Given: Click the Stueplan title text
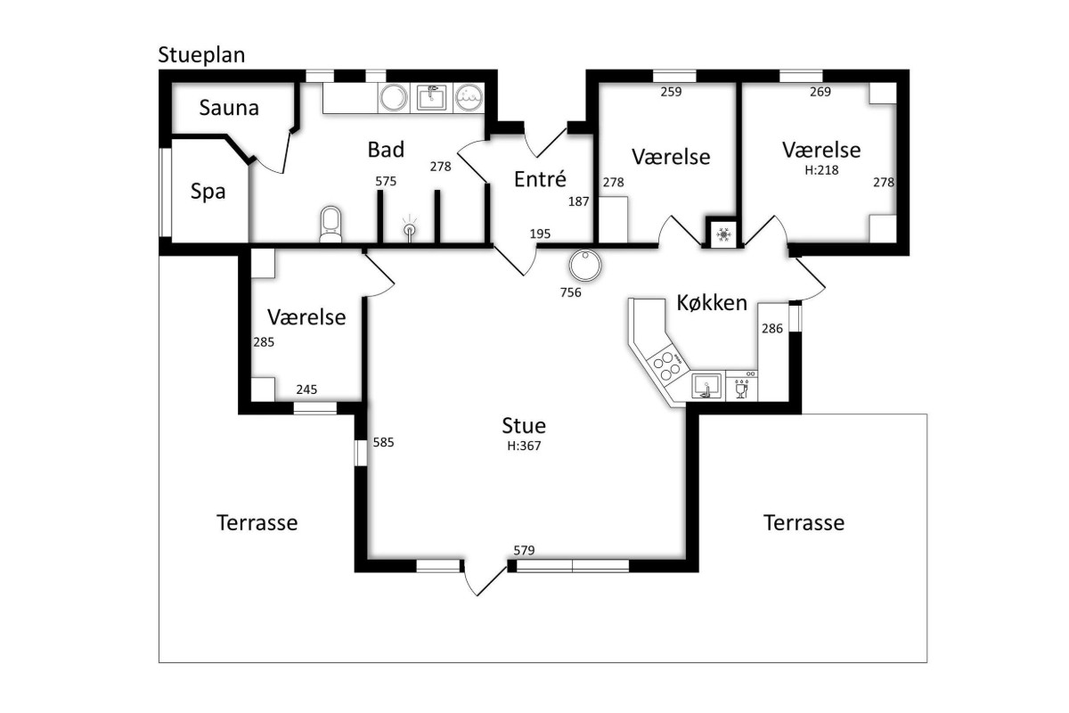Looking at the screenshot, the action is (x=201, y=55).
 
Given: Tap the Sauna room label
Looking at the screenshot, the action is (x=229, y=108).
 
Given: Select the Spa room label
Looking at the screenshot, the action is (x=208, y=192).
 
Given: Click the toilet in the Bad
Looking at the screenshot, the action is (x=330, y=224).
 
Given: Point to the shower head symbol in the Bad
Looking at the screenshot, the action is (x=410, y=229).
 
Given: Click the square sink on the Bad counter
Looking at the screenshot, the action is (x=431, y=98).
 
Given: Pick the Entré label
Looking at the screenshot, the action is (x=540, y=179).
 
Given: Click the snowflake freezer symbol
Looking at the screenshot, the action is (x=724, y=234).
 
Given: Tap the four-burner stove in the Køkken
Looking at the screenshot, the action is (x=666, y=365).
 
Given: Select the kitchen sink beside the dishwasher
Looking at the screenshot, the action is (x=706, y=386).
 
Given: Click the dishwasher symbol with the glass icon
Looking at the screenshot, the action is (x=741, y=386).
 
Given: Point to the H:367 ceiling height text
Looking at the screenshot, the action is (x=524, y=446).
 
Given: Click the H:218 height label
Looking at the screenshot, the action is (x=821, y=170).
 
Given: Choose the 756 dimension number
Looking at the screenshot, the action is (x=571, y=292).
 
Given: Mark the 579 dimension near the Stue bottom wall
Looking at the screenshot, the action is (x=524, y=551).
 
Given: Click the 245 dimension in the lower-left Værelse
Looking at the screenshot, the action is (x=306, y=389).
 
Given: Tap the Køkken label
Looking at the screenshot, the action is (x=712, y=303).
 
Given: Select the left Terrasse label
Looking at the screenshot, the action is (x=257, y=522).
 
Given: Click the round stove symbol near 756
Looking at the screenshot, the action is (x=585, y=265).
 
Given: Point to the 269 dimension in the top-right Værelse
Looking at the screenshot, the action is (x=820, y=92).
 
